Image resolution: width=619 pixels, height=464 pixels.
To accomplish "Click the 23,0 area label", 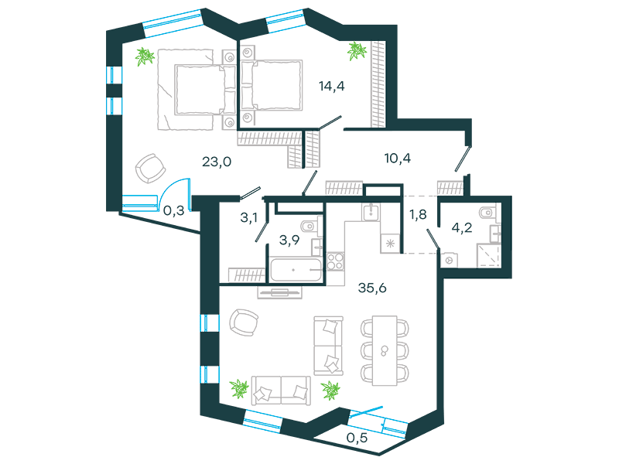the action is click(x=217, y=162).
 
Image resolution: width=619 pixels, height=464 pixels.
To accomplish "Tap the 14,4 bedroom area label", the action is click(x=332, y=86).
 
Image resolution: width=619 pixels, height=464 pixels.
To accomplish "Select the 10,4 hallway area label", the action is click(x=397, y=159).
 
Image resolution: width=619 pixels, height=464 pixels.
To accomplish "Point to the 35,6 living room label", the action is click(x=372, y=288).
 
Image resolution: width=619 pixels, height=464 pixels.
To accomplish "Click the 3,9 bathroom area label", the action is click(x=289, y=240).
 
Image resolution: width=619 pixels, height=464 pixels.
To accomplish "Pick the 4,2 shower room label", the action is click(x=462, y=227).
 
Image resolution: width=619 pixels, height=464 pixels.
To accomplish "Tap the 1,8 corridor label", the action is click(x=418, y=214).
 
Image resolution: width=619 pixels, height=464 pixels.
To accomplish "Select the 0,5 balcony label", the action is click(x=357, y=438).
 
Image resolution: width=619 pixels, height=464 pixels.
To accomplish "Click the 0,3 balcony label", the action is click(x=173, y=210).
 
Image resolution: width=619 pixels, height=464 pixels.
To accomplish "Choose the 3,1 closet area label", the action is click(x=248, y=217).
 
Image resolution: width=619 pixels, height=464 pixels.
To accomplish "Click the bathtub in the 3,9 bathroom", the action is click(x=296, y=270).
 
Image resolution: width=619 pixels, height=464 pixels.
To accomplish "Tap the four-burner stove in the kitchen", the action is click(x=335, y=261).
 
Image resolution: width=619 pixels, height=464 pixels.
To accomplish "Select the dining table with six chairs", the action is click(x=385, y=350).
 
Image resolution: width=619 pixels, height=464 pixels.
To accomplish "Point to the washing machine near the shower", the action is click(x=449, y=261).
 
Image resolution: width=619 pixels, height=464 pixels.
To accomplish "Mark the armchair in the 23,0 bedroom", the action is click(x=150, y=169).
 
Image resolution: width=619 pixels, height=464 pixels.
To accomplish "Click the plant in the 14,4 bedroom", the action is click(x=357, y=51).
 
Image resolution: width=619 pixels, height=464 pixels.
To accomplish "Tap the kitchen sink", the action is click(x=371, y=212).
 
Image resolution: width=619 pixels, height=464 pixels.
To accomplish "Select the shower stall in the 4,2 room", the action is click(x=489, y=255).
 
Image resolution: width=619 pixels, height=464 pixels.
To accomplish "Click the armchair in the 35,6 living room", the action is click(x=244, y=322).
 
